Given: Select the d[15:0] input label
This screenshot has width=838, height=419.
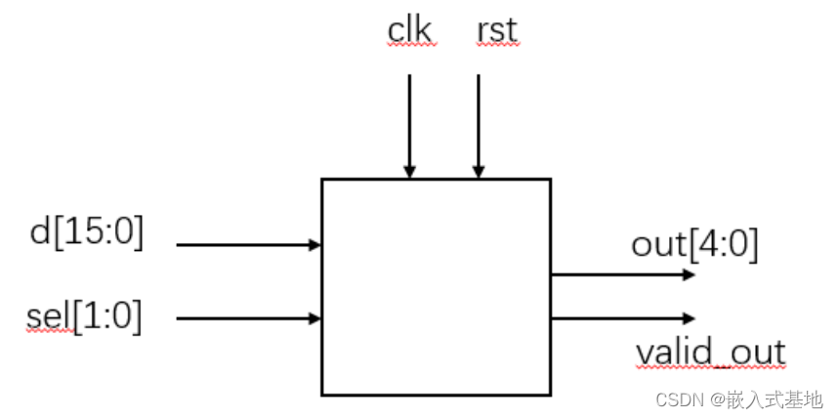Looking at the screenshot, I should tap(87, 233).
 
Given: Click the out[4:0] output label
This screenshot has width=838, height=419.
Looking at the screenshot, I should tap(694, 243).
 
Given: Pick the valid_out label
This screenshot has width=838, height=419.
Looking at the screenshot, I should tap(710, 352).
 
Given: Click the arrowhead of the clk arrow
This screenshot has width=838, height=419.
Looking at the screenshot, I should tap(410, 173).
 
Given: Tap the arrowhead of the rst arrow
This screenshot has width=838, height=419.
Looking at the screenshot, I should tap(479, 173).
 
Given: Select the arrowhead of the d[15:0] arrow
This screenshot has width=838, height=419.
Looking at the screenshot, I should tap(315, 244).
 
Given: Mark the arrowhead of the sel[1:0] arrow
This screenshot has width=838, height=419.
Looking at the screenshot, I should tap(315, 317).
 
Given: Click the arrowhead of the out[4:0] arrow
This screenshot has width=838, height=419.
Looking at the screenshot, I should tap(690, 275).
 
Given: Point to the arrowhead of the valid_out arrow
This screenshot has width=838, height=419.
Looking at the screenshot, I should tap(690, 318).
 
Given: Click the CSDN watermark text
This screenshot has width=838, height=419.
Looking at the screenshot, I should tap(681, 399).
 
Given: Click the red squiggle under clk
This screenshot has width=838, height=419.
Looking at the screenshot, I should tap(411, 45).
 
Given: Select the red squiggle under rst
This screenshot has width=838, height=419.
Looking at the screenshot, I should tap(496, 45).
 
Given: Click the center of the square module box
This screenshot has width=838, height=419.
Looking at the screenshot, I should tap(436, 286).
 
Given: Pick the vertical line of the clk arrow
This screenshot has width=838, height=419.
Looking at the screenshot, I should tap(410, 117).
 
